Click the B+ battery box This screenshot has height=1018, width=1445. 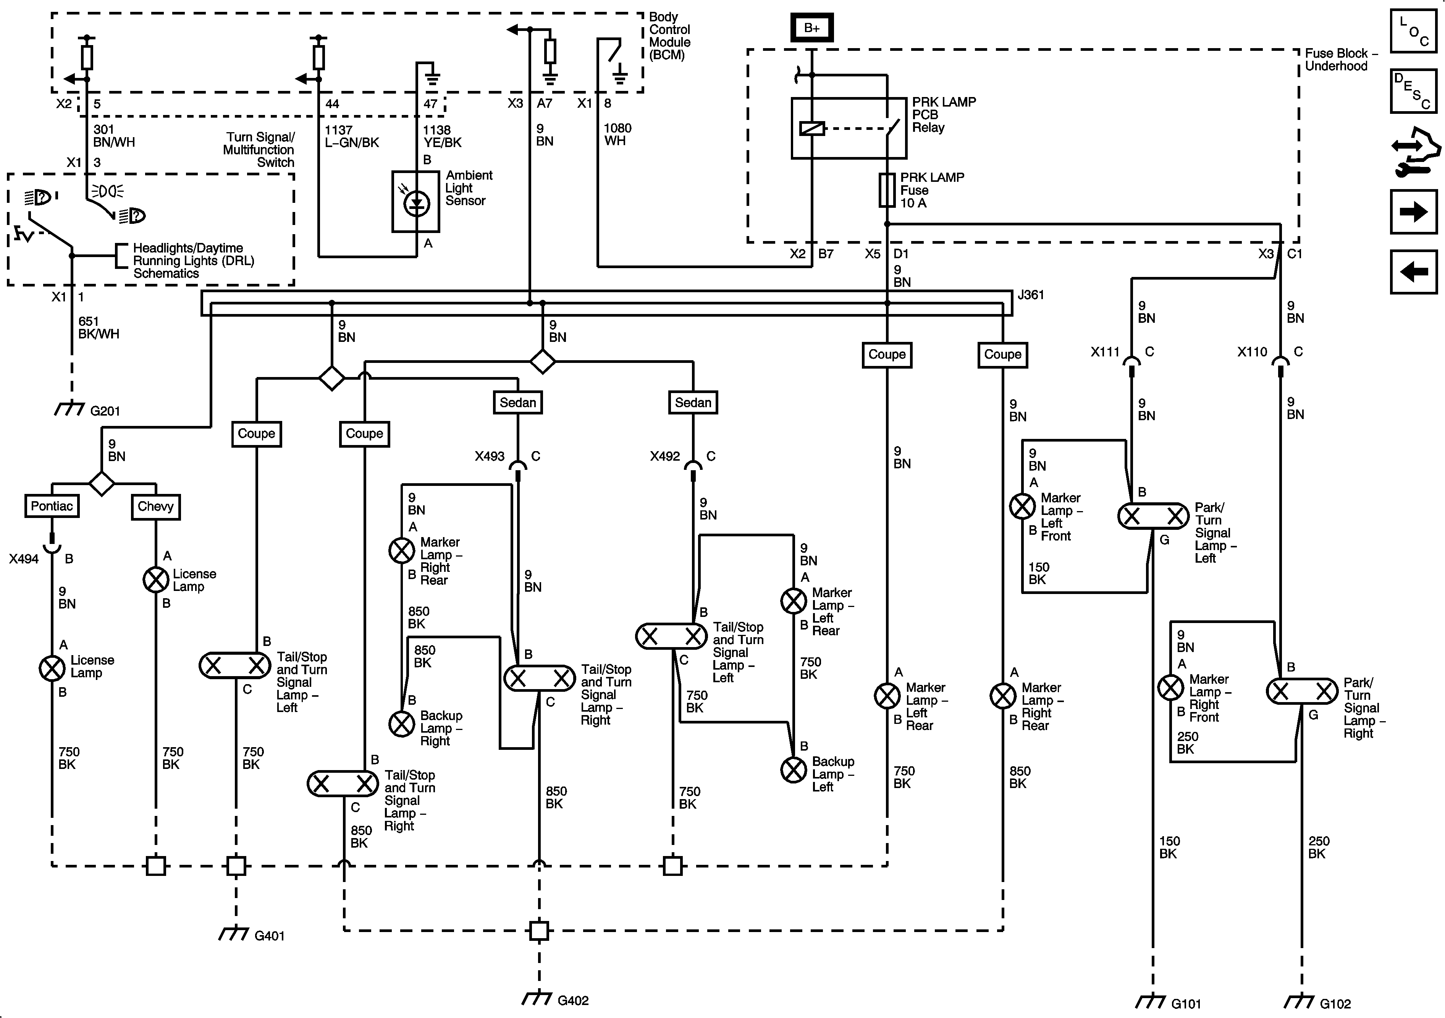[x=812, y=28]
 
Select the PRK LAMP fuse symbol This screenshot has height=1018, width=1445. [x=887, y=190]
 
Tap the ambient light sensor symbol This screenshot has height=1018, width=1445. [x=416, y=201]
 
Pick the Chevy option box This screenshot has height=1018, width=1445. [x=155, y=507]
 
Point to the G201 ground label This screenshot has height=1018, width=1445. [x=105, y=411]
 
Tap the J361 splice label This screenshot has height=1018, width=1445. [x=1031, y=295]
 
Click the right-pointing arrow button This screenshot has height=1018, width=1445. [x=1414, y=212]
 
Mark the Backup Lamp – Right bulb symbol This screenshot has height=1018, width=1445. [x=401, y=724]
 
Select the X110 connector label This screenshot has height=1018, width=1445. [x=1252, y=352]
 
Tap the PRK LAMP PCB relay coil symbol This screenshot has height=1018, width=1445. [x=812, y=128]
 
